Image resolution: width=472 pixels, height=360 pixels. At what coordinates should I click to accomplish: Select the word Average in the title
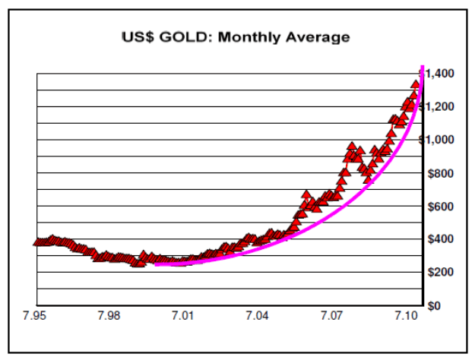coord(316,36)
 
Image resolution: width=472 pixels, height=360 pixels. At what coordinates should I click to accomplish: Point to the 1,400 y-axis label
coord(440,74)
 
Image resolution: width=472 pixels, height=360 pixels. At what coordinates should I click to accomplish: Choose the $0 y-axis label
coord(434,305)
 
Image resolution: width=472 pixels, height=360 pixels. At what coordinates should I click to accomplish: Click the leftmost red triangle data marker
coord(37,242)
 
